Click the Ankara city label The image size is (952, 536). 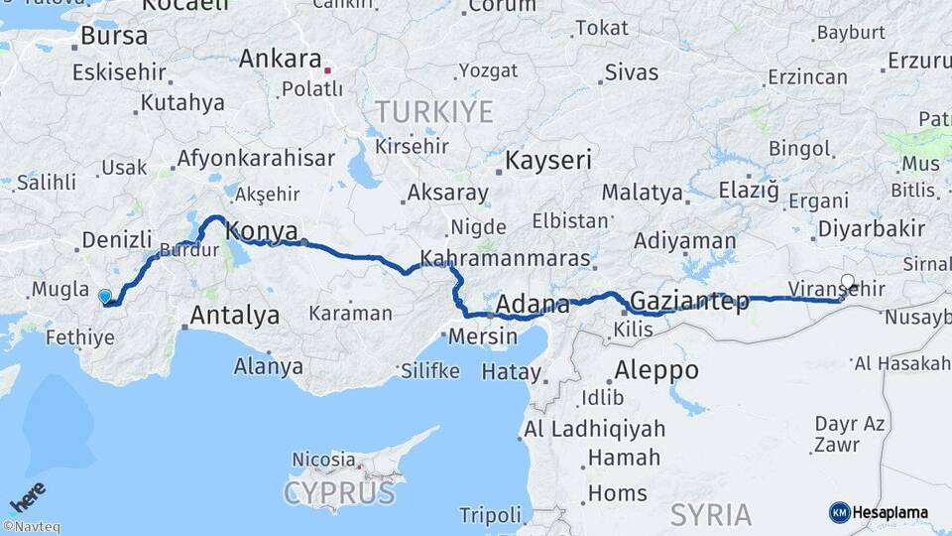(281, 59)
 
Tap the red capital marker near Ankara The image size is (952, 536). (328, 70)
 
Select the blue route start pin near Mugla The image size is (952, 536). (105, 296)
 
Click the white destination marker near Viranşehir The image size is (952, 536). (847, 281)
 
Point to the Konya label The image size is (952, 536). (262, 232)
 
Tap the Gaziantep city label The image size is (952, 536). (689, 301)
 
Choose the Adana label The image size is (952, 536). (532, 304)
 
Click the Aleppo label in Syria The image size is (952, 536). (655, 371)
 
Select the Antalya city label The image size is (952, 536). (234, 316)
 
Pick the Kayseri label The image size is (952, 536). (548, 160)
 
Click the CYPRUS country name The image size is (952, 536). (339, 492)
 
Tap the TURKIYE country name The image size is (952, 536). (433, 111)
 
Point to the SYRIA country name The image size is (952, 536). (710, 514)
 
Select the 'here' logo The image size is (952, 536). (28, 496)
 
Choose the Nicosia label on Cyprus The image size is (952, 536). (323, 460)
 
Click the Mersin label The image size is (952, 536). (483, 336)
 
